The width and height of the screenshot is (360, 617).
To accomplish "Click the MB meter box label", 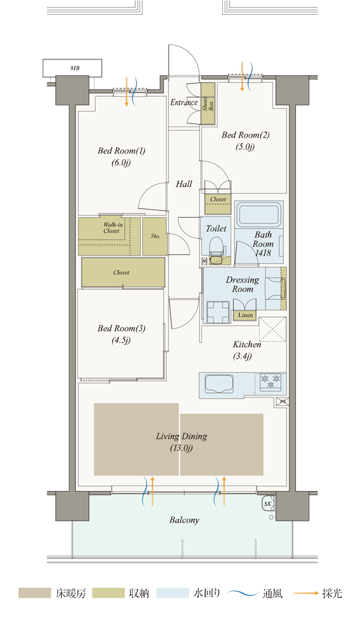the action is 75,68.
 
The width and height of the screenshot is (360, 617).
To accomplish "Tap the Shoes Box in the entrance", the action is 208,104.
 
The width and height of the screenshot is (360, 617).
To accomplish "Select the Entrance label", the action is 184,102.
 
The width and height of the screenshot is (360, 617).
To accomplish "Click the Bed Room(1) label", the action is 122,151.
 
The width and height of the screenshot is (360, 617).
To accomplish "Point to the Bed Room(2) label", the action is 246,135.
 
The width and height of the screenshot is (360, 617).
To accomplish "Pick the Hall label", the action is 184,184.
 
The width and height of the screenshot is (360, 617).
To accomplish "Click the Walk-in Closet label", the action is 112,228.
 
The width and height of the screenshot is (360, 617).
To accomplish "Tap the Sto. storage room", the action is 155,236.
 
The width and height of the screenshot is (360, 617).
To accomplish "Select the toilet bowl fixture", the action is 216,247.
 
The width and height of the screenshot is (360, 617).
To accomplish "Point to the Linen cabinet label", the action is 245,315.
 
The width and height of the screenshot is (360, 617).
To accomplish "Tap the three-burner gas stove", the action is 271,381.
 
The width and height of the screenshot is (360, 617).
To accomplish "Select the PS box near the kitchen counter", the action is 282,402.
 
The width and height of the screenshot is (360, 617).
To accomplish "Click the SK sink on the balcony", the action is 268,503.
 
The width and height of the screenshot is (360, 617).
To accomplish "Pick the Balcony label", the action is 185,520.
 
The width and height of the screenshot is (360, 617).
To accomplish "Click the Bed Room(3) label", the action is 121,328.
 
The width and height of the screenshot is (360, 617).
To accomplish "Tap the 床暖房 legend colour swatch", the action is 35,593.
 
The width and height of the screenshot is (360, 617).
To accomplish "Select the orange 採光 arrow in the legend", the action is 306,593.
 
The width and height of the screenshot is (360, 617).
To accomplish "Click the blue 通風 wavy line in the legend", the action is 243,593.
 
